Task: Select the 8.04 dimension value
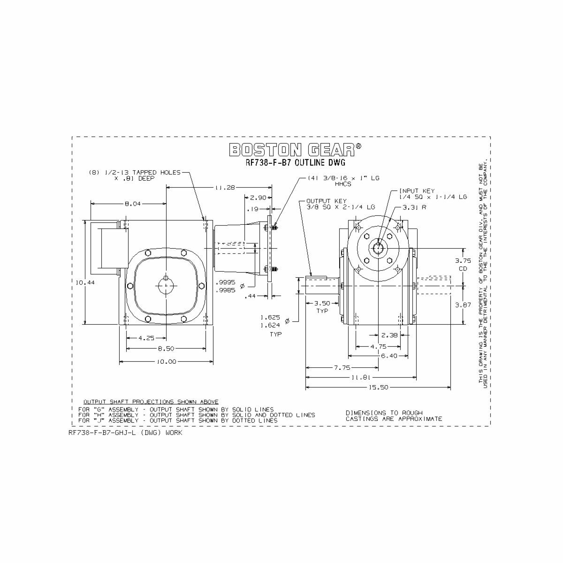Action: tap(132, 204)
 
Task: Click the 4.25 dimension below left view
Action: tap(146, 338)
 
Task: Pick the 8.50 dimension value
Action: tap(166, 349)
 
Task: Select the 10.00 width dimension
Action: tap(166, 362)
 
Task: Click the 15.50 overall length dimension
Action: tap(379, 388)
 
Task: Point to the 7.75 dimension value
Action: tap(342, 368)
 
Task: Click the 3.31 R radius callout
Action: tap(414, 207)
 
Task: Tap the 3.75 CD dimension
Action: tap(463, 265)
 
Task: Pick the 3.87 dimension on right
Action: tap(463, 304)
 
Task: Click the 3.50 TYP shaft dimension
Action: tap(322, 306)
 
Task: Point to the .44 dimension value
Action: tap(251, 296)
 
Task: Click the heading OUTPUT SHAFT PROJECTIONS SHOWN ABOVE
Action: tap(151, 402)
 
